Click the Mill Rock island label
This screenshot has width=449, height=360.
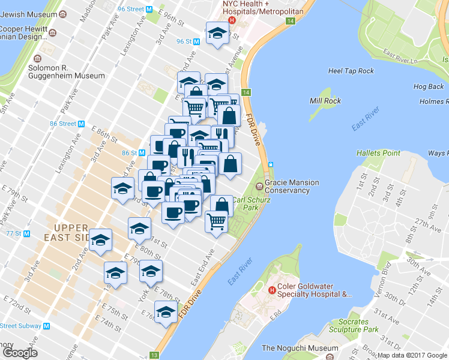tap(324, 101)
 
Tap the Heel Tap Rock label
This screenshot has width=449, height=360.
tap(351, 71)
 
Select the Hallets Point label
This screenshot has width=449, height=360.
tap(378, 153)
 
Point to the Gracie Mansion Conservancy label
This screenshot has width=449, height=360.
tap(288, 187)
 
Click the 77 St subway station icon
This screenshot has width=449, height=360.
tap(26, 233)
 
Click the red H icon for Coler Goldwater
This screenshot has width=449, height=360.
tap(272, 290)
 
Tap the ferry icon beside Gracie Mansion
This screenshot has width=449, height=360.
tap(271, 164)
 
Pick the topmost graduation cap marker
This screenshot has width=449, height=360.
tap(217, 34)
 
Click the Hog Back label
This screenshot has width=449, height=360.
tap(429, 87)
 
